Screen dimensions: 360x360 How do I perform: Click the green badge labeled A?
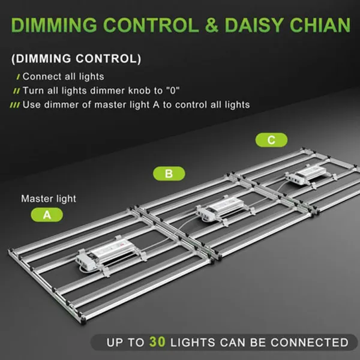tap(47, 215)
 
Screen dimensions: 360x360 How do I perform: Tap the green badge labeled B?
tap(169, 173)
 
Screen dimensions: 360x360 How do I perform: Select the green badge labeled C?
tap(271, 140)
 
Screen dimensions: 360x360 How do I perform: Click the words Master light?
tap(49, 199)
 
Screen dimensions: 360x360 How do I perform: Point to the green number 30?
tap(157, 341)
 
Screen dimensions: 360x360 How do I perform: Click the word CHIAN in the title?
tap(320, 25)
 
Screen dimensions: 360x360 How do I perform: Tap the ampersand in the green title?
tap(211, 25)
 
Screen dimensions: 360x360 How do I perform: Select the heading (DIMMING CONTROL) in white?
tap(76, 59)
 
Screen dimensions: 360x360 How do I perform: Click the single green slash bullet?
tap(18, 77)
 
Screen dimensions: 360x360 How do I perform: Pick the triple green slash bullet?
tap(14, 105)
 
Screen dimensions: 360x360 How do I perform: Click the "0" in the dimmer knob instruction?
tap(173, 90)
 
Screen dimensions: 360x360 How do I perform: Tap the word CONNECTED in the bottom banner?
tap(310, 343)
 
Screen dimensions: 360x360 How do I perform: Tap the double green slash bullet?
tap(17, 91)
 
